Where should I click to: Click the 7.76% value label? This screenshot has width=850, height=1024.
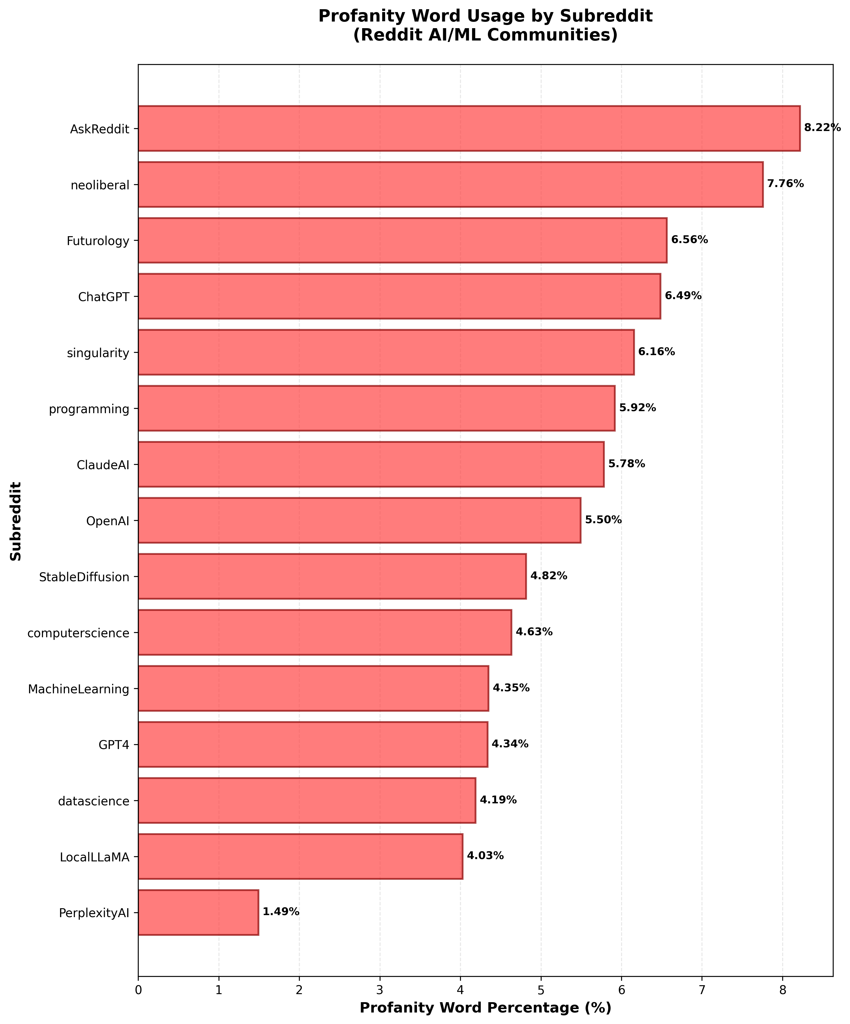[785, 184]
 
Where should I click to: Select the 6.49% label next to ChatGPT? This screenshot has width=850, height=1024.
[683, 296]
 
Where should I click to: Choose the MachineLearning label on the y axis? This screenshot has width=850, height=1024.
[78, 689]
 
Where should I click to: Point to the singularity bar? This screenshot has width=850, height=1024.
[386, 352]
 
